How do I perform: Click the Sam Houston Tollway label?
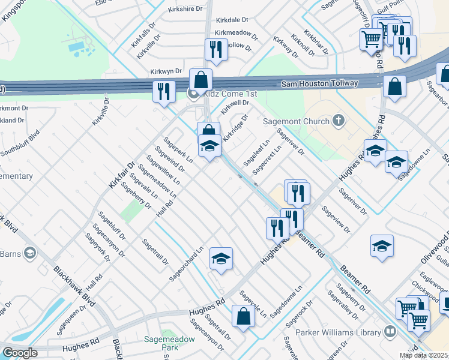[x=319, y=83]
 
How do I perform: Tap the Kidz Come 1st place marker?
[x=193, y=94]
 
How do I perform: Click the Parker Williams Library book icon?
[x=390, y=331]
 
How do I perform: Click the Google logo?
[x=19, y=353]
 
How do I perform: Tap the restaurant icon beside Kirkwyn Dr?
[x=164, y=91]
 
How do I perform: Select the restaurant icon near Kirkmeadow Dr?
[x=215, y=50]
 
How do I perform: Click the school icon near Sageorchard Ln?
[x=221, y=259]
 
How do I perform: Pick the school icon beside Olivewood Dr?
[x=382, y=246]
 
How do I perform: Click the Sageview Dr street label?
[x=336, y=220]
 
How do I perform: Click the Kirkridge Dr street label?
[x=235, y=128]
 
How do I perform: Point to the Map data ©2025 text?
[x=423, y=355]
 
